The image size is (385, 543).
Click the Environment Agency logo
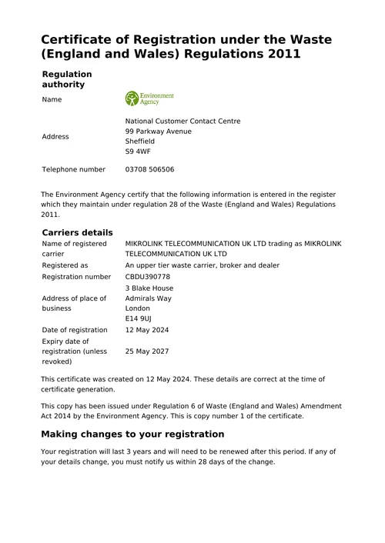(x=149, y=99)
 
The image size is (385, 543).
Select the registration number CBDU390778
(x=148, y=276)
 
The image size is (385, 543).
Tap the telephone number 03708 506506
(x=149, y=169)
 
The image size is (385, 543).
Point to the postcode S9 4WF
(x=138, y=152)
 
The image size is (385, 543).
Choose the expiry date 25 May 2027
(x=147, y=351)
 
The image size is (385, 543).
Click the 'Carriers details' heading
(x=77, y=232)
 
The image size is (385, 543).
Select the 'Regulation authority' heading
(x=66, y=79)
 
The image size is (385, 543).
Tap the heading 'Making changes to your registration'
(x=132, y=434)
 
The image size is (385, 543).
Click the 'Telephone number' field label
(x=73, y=169)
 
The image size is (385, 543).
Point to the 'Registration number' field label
(x=76, y=276)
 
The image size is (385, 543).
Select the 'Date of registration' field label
(x=75, y=330)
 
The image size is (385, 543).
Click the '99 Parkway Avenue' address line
(x=159, y=132)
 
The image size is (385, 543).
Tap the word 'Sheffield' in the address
(x=140, y=142)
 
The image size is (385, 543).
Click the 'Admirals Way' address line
(x=149, y=298)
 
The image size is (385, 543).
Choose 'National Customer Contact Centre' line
(x=182, y=121)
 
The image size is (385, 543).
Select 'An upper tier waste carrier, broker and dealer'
(x=202, y=265)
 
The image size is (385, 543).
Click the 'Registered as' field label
(x=65, y=265)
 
